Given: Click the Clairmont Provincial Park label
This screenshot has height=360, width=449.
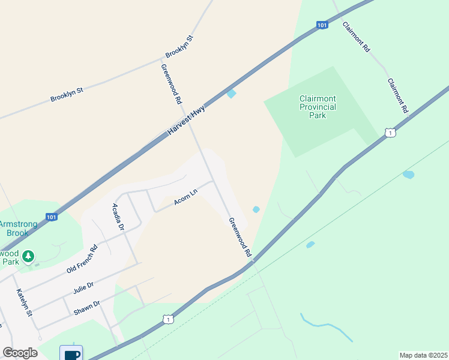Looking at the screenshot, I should click(318, 107).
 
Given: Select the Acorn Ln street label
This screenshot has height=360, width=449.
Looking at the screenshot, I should click(185, 198).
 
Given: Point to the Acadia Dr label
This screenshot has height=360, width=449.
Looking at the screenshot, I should click(118, 217).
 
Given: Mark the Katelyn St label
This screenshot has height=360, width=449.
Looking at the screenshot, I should click(22, 303).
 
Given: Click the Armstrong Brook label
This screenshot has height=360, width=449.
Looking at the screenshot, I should click(18, 228).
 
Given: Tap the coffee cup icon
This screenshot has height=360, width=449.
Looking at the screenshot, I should click(71, 353).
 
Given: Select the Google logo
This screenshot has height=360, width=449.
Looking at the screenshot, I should click(20, 353).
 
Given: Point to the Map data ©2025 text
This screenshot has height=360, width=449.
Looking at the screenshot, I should click(423, 355).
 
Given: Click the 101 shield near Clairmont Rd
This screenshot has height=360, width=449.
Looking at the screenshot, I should click(322, 25).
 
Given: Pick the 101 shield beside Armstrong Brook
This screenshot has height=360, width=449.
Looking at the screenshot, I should click(51, 217).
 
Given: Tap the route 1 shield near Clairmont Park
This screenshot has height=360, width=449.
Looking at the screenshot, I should click(390, 132).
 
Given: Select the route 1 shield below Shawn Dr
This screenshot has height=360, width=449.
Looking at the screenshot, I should click(169, 320).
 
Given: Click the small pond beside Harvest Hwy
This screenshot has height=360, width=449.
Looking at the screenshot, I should click(231, 93).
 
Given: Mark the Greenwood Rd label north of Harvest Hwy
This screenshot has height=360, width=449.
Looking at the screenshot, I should click(171, 85).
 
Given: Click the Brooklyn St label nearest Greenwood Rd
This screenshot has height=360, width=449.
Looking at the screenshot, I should click(179, 47).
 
